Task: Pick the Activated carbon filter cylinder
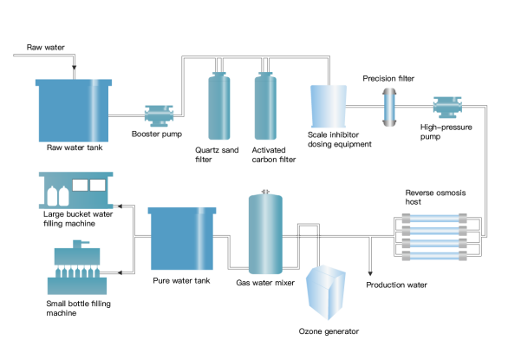(265, 108)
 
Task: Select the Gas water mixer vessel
(265, 233)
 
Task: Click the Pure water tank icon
(182, 239)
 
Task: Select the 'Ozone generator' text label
(328, 332)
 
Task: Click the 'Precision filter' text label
(388, 78)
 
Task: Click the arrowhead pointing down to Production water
(370, 271)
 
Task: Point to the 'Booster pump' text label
(157, 134)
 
